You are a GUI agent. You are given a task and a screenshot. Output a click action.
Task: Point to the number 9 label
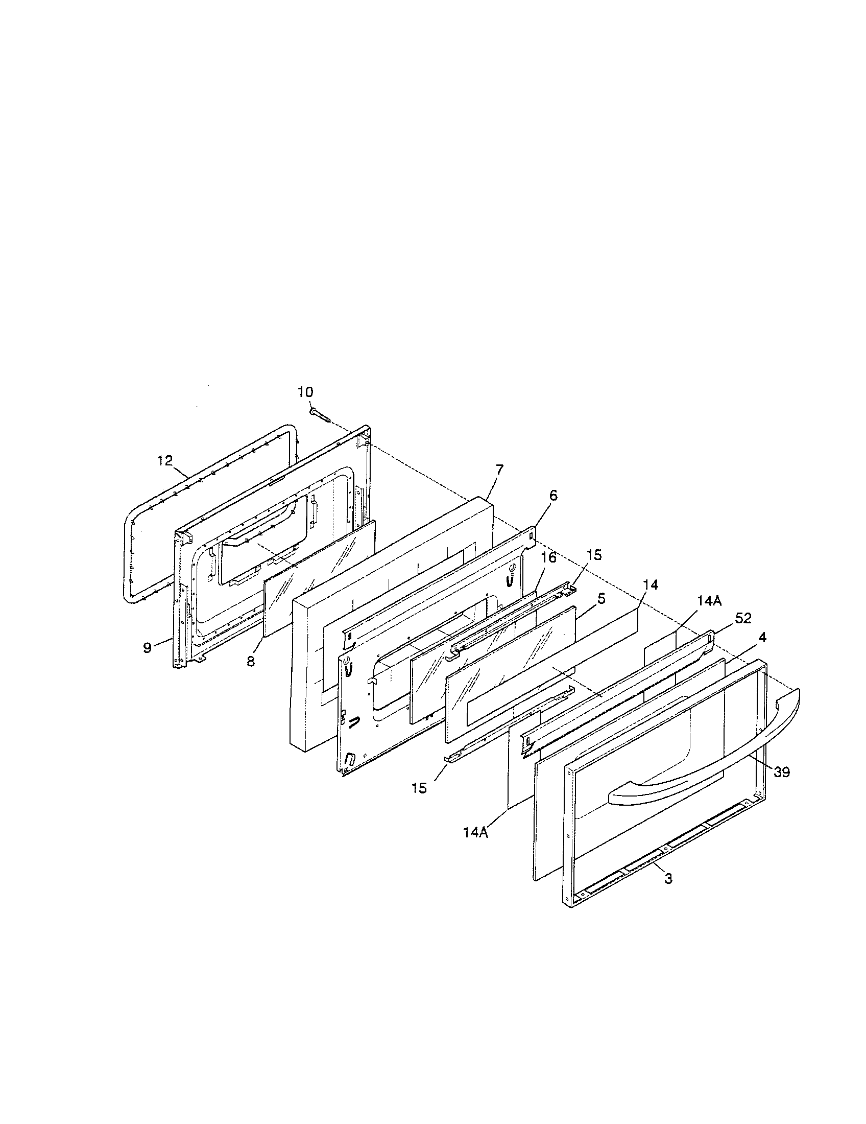click(x=148, y=647)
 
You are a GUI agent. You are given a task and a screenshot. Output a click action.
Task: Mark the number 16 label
click(x=549, y=557)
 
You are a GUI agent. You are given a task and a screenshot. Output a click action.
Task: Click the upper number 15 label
click(x=594, y=555)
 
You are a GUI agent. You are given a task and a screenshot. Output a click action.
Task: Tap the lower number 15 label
click(x=419, y=788)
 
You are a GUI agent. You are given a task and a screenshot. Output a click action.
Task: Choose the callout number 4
click(x=762, y=637)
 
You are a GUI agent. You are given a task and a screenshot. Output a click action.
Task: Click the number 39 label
click(x=781, y=772)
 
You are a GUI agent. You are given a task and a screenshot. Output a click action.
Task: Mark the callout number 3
click(x=668, y=879)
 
